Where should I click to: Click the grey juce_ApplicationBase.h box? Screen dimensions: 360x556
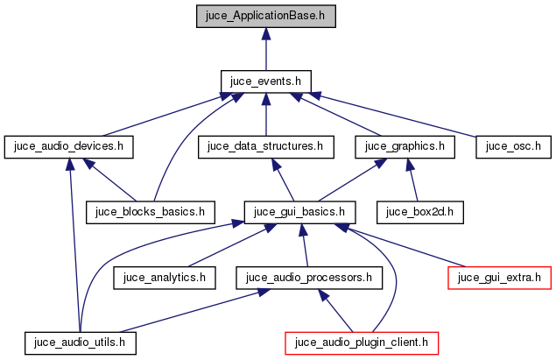pos(265,15)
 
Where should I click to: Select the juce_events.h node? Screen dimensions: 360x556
pos(265,81)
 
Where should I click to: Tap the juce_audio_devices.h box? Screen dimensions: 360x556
pos(68,146)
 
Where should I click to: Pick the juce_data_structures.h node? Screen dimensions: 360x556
pos(265,146)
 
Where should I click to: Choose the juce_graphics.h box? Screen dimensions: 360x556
pos(405,146)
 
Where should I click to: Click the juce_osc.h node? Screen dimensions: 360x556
pos(513,146)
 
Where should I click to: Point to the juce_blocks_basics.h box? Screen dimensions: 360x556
pos(151,212)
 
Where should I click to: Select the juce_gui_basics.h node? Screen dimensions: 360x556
pos(300,212)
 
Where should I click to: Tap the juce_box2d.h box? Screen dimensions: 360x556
pos(419,212)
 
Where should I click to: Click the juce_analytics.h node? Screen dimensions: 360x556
pos(165,278)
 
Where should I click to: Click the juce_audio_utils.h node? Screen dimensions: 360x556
pos(81,342)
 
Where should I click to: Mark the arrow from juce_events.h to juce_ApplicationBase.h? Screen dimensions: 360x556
pos(265,48)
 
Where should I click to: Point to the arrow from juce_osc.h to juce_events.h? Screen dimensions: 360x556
pos(398,115)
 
